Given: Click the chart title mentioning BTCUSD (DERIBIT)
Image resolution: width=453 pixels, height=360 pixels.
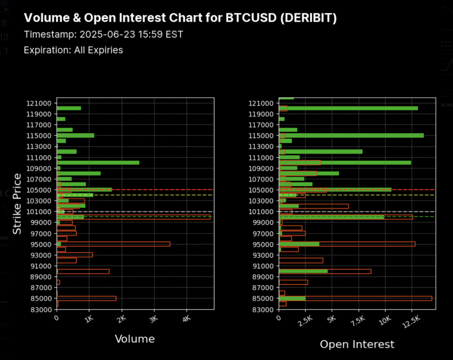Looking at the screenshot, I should point(180,18).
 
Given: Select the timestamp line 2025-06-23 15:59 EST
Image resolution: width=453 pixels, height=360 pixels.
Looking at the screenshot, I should point(103,35).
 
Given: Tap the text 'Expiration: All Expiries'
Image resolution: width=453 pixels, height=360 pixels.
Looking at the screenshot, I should point(73,50).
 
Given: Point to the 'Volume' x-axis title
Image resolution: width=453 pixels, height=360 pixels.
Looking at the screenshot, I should point(135,339).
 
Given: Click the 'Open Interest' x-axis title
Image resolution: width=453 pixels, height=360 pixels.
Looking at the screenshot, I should point(357,344).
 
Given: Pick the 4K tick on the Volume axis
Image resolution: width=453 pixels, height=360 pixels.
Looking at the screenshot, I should point(186,319).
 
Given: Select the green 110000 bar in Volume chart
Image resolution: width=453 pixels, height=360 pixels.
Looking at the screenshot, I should point(98,163).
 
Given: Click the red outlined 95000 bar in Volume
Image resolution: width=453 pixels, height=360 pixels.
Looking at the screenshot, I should point(113,244).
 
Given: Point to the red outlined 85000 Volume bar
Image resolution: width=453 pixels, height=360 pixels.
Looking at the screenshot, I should point(86,298).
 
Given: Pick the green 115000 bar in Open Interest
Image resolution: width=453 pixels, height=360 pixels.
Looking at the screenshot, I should point(351,135).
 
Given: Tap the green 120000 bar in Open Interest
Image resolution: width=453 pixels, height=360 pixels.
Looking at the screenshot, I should point(348,108).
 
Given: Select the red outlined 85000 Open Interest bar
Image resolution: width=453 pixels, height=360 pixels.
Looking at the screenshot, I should point(355,298).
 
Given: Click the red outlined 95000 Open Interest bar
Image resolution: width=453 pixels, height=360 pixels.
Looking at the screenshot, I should point(347,244).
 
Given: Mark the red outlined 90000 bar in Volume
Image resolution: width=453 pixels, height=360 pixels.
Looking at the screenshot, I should point(83,271).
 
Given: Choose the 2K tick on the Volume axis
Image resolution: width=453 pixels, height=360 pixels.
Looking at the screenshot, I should point(121,319).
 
